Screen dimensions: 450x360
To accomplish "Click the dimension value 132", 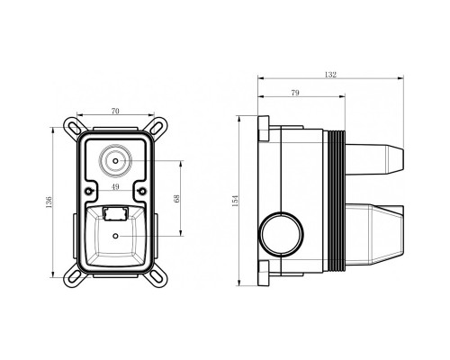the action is click(330, 75).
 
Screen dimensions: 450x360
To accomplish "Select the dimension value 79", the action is click(295, 93).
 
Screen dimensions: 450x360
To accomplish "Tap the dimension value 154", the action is click(235, 201).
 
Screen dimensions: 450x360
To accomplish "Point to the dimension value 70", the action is click(115, 111).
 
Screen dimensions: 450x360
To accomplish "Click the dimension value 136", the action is click(49, 202).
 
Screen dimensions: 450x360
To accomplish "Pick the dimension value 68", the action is click(176, 199).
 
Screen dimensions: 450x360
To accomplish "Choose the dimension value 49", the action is click(115, 187).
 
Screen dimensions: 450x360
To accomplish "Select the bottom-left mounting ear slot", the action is click(72, 277).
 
